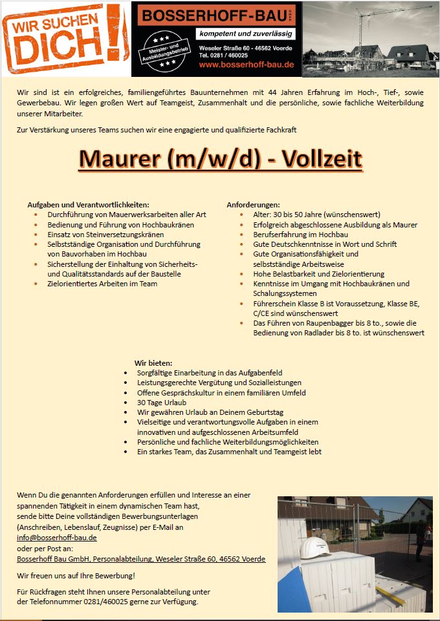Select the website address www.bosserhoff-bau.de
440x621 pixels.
(x=247, y=65)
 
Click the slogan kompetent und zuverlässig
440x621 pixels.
(x=247, y=34)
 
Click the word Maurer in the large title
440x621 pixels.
(x=120, y=158)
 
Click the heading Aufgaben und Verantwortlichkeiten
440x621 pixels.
(x=88, y=205)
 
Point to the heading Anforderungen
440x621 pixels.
(x=253, y=205)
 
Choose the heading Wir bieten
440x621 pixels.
(x=153, y=363)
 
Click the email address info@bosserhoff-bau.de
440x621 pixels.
(x=57, y=538)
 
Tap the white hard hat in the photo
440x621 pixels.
(x=314, y=545)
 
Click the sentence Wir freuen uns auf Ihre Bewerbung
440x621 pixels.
(x=76, y=575)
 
